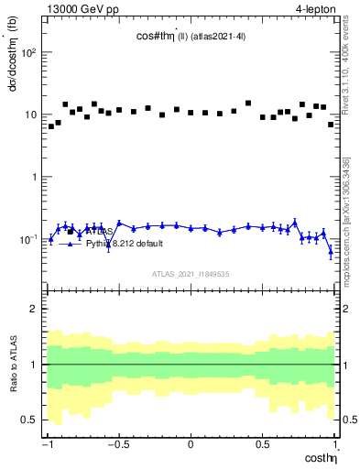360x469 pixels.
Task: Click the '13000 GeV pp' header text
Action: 79,10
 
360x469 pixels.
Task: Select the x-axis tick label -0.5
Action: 118,444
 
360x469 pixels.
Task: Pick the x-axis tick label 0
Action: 191,444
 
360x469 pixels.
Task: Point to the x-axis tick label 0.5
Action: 262,444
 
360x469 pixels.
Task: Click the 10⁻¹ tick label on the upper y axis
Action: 27,240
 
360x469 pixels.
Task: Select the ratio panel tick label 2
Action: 35,310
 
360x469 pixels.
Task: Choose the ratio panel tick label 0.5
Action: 31,420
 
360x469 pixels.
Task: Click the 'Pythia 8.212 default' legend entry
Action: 125,244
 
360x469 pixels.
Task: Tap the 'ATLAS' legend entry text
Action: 99,233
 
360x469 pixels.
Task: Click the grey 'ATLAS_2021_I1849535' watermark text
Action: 190,273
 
